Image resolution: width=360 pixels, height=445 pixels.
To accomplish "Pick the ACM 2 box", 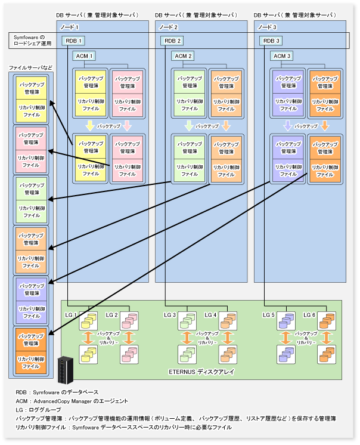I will click(183, 56).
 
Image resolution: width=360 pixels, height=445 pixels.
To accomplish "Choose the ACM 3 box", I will click(282, 56).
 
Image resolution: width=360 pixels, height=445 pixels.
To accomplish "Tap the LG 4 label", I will click(210, 314).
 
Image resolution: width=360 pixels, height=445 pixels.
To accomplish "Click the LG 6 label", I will click(309, 314).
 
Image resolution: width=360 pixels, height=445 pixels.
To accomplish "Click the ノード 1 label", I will click(69, 27).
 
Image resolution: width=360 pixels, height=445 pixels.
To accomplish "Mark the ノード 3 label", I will click(267, 27).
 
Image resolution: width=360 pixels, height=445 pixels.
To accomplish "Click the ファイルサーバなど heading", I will click(30, 67).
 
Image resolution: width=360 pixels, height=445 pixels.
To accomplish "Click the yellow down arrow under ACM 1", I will click(89, 126).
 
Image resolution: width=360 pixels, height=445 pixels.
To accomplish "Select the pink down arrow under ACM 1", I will click(127, 126).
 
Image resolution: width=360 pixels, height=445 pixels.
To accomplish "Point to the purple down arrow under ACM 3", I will click(287, 126).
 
